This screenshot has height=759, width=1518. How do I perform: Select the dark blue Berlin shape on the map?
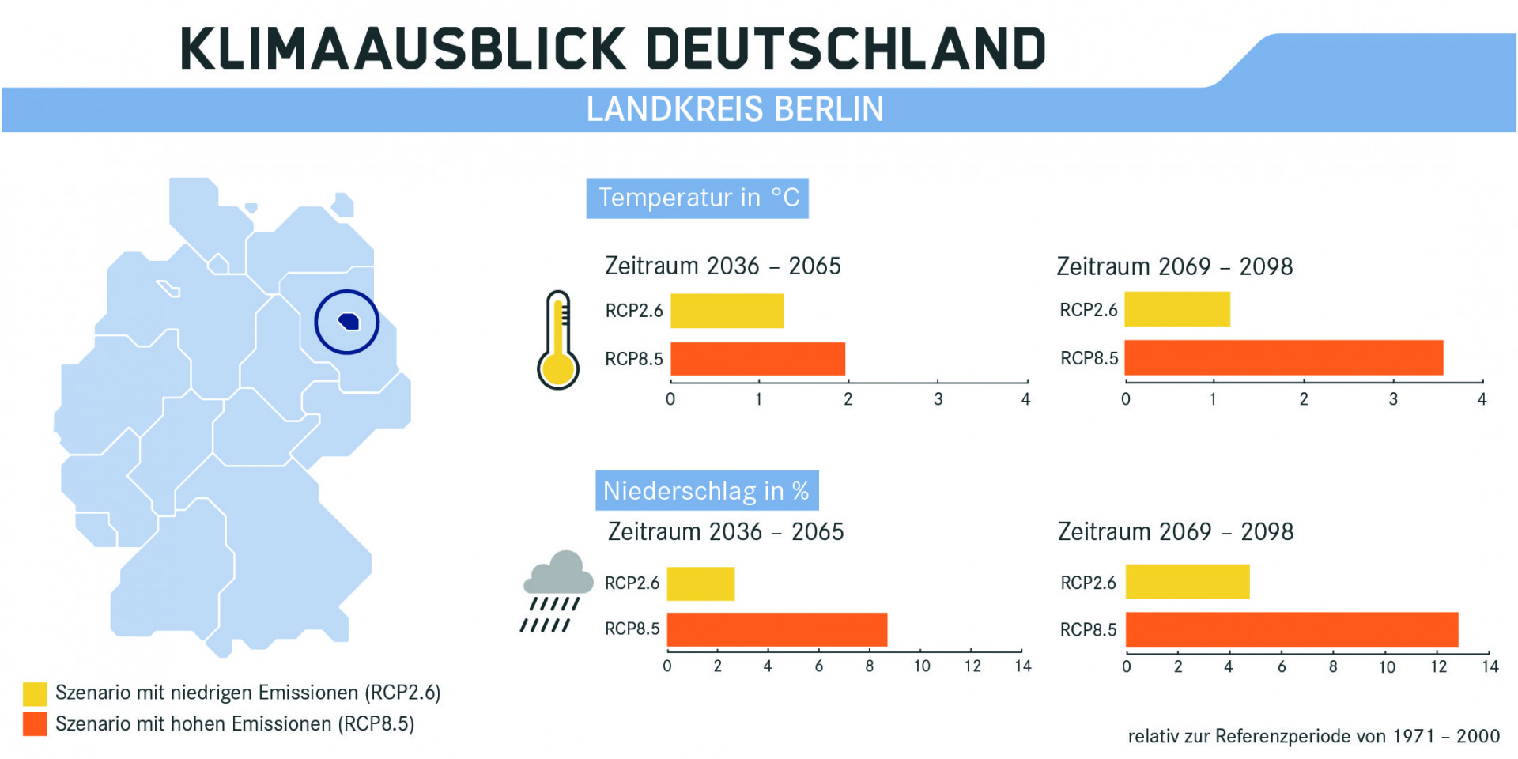349,321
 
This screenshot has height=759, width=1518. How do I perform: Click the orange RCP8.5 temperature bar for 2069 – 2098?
1283,357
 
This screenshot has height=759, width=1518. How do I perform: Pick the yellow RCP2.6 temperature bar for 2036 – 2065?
727,311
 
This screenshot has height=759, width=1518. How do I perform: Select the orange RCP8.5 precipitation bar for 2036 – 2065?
776,629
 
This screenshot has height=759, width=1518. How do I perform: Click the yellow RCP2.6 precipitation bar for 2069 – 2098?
1187,582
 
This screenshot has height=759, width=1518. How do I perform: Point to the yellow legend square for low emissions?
35,693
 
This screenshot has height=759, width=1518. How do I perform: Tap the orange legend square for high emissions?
35,723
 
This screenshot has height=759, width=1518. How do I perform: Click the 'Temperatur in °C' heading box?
697,198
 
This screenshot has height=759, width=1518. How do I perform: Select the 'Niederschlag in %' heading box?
706,491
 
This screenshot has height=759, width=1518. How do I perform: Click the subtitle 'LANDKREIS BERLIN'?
734,109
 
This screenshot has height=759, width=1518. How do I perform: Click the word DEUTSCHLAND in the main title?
846,49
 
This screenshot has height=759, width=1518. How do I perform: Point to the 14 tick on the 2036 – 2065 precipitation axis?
1023,666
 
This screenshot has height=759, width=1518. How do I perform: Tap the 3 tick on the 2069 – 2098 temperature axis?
1393,399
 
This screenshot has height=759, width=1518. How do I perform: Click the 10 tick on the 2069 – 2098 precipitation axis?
1387,666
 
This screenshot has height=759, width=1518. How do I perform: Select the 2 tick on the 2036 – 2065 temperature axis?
848,399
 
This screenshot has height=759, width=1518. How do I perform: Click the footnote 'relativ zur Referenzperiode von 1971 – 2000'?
1313,736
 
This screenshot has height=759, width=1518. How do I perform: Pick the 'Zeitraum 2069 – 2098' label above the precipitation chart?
1176,531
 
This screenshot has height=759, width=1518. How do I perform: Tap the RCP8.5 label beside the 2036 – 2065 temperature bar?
633,359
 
